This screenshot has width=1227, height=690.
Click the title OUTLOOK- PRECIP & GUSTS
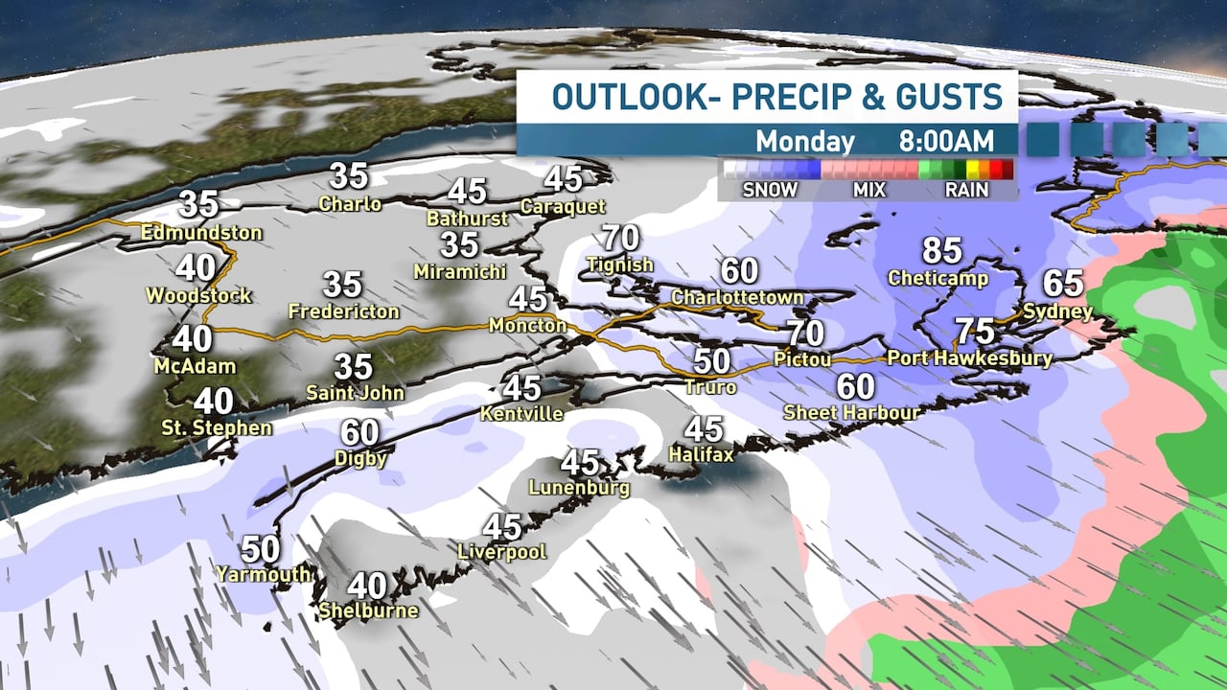click(777, 97)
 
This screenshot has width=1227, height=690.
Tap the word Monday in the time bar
click(804, 141)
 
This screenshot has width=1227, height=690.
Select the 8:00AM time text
click(945, 141)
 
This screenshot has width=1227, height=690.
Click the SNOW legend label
click(770, 190)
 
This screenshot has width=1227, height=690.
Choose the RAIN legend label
click(966, 190)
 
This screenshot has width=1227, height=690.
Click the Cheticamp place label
click(939, 278)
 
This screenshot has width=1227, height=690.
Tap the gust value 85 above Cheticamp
click(941, 251)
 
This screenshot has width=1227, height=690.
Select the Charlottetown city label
click(737, 297)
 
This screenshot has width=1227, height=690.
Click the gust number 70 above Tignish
click(620, 237)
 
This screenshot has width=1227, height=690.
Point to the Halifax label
click(701, 453)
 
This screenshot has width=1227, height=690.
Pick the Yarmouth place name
click(263, 574)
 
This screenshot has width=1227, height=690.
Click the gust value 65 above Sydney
click(1062, 284)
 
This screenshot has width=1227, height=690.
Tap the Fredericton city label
click(343, 311)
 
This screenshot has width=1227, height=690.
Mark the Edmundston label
click(201, 232)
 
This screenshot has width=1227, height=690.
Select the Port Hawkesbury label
click(969, 358)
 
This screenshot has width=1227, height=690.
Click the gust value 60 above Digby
click(360, 432)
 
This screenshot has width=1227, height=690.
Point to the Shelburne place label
click(368, 609)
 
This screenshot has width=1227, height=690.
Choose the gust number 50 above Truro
click(712, 361)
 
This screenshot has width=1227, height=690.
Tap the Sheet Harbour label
click(851, 412)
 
